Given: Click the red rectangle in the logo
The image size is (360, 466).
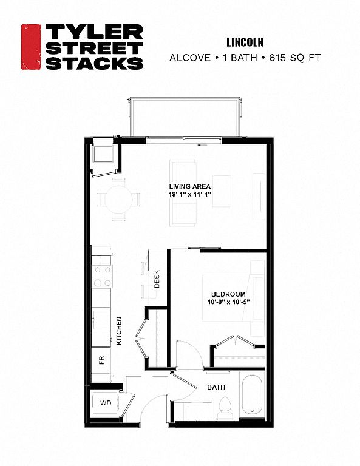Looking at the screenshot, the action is tap(30, 47).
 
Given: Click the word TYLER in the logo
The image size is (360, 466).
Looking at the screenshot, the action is tap(94, 32).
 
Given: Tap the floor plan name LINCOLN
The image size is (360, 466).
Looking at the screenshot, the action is tap(245, 42).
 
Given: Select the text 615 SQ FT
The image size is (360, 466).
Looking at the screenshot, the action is tap(295, 58).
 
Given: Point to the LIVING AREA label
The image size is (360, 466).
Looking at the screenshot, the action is tap(189, 187).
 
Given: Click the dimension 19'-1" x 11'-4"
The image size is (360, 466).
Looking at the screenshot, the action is tap(189, 194).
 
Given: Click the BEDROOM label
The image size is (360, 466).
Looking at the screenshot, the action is tap(228, 294).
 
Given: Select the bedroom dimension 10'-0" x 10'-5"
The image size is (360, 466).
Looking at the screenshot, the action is tap(228, 302).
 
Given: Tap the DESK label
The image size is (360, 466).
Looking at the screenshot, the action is tap(157, 279).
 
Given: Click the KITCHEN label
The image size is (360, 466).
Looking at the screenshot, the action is tap(119, 331).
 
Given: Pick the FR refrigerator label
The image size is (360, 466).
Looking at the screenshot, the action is tap(101, 360).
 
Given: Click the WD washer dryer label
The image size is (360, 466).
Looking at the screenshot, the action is tap(106, 403).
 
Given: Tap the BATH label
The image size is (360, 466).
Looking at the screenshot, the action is tap(216, 387).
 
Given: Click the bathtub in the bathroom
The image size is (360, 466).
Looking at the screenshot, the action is tap(252, 396).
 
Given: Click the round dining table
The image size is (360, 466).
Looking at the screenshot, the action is tap(118, 199).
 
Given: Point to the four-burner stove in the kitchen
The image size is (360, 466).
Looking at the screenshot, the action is tap(102, 276).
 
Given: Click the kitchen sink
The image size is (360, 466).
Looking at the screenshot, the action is tap(101, 320).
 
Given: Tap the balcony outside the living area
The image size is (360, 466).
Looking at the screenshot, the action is tap(184, 116).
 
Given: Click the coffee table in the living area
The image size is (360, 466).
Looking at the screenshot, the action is tap(222, 191).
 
